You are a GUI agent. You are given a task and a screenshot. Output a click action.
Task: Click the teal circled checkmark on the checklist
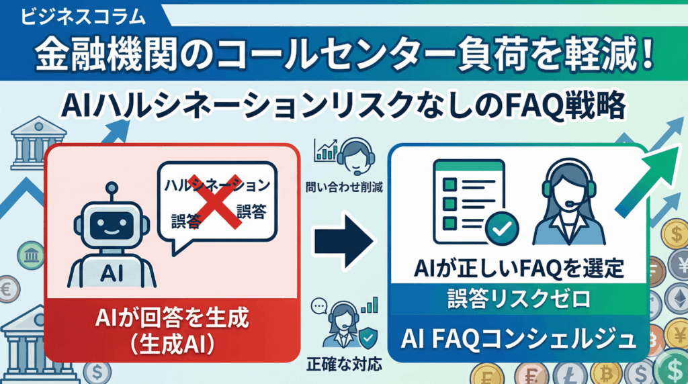point(501,228)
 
